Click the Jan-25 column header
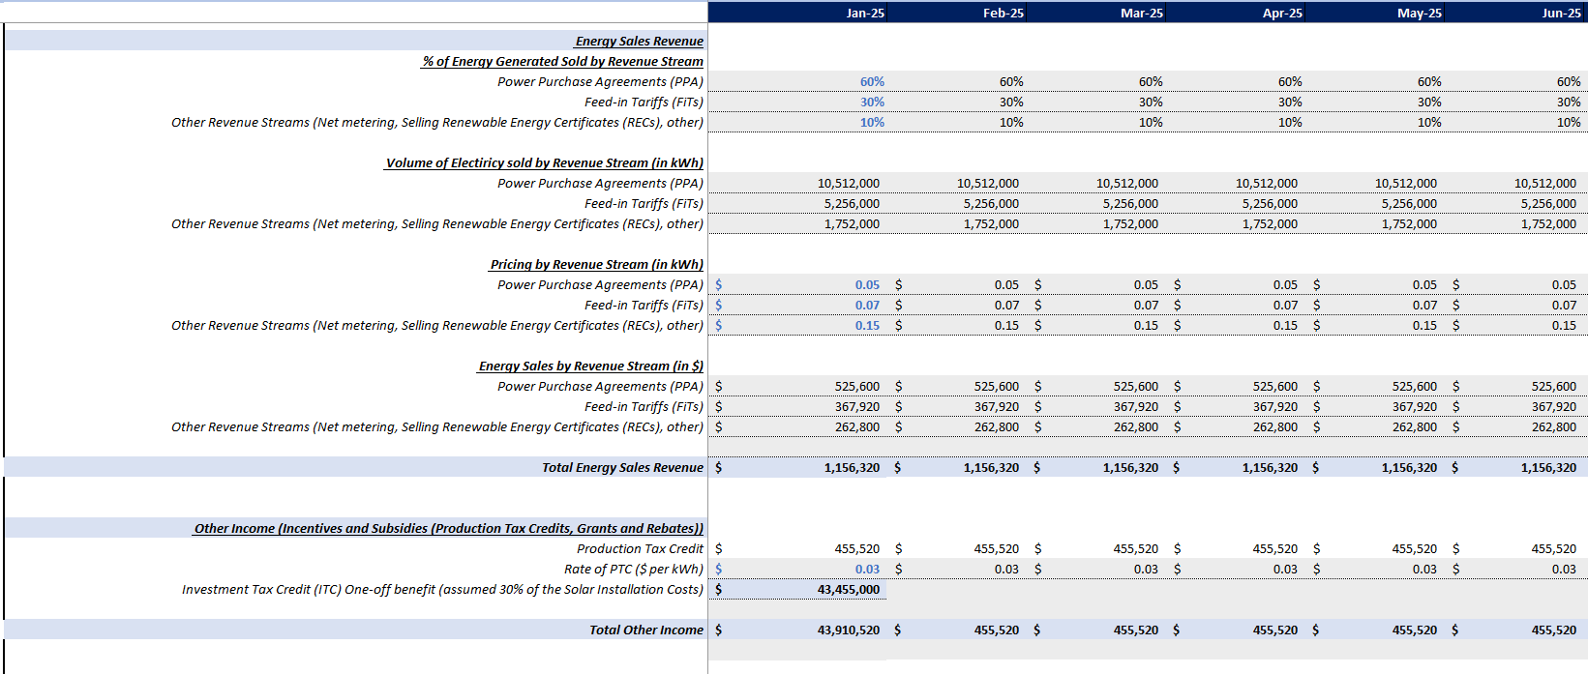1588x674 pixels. coord(864,13)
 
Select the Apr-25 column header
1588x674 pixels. coord(1282,13)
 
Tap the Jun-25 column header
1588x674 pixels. coord(1561,13)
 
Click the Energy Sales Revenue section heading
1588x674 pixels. coord(639,41)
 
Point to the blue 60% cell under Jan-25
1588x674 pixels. coord(872,81)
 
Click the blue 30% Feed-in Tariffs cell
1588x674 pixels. coord(872,102)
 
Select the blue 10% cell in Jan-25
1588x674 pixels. coord(872,122)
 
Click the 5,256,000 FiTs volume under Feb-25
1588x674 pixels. coord(991,203)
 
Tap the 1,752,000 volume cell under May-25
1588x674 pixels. coord(1409,223)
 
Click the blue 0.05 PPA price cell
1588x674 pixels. coord(867,284)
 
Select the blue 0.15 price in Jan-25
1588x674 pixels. coord(867,325)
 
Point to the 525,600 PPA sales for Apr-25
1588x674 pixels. coord(1274,386)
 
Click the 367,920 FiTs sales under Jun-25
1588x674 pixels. coord(1553,406)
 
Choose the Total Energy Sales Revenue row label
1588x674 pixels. coord(622,467)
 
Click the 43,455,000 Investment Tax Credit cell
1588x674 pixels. coord(848,589)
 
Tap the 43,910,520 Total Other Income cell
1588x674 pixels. coord(848,630)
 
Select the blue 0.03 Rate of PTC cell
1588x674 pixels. coord(867,569)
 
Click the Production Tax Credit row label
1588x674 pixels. coord(640,548)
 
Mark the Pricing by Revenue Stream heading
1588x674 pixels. coord(596,264)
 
